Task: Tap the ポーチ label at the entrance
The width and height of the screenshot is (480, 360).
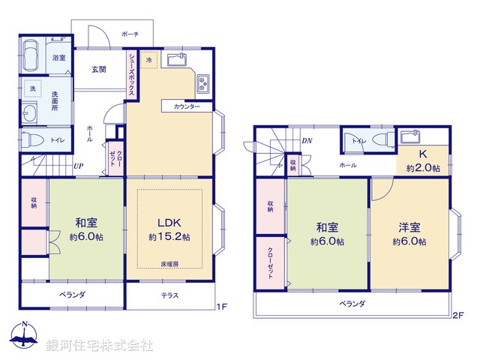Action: (x=130, y=34)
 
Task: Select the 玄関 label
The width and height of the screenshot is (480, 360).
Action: (x=99, y=70)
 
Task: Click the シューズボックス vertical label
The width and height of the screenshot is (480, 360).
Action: (x=131, y=73)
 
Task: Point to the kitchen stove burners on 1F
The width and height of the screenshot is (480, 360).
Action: (x=203, y=85)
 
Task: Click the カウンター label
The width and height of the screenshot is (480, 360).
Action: (x=187, y=107)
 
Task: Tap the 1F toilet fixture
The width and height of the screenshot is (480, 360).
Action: (x=32, y=139)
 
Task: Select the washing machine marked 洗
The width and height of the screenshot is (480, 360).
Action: (x=33, y=88)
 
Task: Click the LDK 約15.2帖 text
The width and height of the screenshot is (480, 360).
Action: (x=169, y=229)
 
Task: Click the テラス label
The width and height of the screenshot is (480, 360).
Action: (x=169, y=295)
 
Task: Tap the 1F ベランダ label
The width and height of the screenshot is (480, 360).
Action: (x=73, y=295)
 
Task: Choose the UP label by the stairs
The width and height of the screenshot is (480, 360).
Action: (x=79, y=166)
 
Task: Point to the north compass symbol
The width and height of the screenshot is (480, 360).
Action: (x=25, y=337)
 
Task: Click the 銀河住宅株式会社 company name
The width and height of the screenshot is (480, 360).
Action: (x=100, y=346)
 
